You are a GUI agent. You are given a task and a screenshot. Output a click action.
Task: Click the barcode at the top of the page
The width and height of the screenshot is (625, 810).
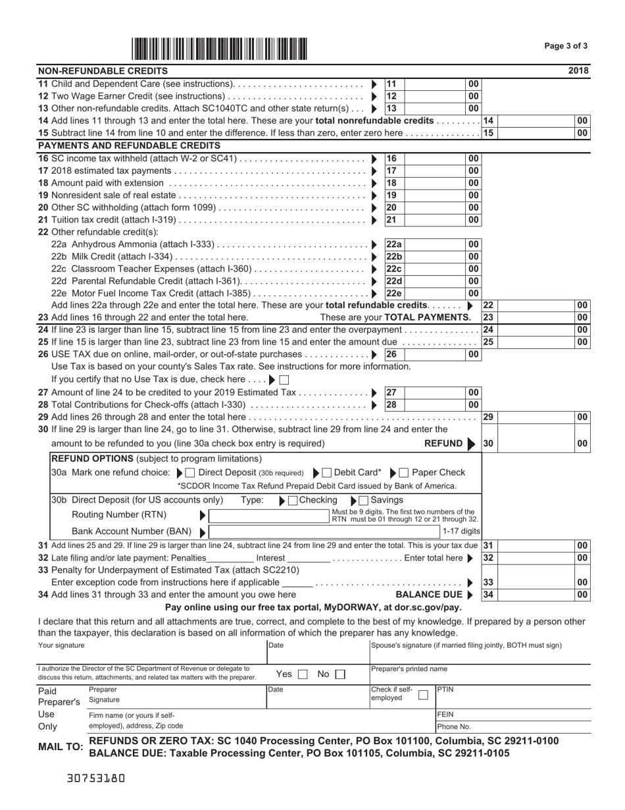219,49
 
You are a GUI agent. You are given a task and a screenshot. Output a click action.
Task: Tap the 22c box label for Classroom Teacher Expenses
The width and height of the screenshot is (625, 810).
393,269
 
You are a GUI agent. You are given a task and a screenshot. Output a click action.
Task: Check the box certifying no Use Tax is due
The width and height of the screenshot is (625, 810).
284,380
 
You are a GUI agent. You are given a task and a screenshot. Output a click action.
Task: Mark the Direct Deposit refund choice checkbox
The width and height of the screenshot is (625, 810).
190,473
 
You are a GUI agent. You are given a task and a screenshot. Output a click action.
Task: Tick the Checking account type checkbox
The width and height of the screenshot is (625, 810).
293,500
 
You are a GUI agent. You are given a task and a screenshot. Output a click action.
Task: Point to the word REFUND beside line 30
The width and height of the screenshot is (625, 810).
443,444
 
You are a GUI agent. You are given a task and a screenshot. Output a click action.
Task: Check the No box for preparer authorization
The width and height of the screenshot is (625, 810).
339,674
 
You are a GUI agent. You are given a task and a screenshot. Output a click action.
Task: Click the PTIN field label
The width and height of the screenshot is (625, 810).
447,689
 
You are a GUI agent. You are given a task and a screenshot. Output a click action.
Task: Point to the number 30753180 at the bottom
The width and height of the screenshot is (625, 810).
96,778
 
